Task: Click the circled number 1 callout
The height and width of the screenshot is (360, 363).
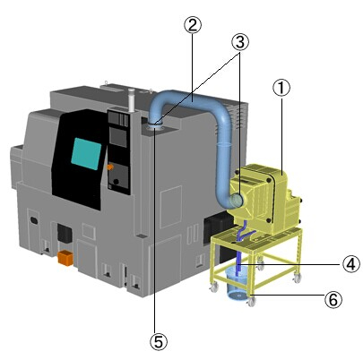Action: point(281,89)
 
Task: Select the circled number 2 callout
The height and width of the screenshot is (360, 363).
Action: point(193,25)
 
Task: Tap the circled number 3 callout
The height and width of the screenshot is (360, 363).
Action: point(240,42)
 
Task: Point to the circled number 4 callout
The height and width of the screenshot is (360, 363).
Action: point(350,264)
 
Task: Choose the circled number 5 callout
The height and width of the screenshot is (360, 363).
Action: point(159,341)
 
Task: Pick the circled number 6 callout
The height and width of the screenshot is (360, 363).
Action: point(333,299)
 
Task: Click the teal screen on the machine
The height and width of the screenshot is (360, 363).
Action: point(86,153)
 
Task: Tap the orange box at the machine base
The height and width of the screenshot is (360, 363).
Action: point(65,258)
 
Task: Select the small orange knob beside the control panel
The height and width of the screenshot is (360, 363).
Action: point(110,167)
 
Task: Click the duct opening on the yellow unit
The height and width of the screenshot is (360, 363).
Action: point(237,200)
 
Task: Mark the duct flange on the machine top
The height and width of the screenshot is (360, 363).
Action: point(155,126)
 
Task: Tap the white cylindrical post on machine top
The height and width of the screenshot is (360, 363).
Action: point(131,100)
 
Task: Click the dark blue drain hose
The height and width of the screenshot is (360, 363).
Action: point(240,249)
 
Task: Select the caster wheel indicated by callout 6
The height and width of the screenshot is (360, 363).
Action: point(251,302)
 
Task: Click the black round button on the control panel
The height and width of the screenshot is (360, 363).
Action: point(117,182)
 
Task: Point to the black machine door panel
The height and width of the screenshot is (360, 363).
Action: point(80,159)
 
